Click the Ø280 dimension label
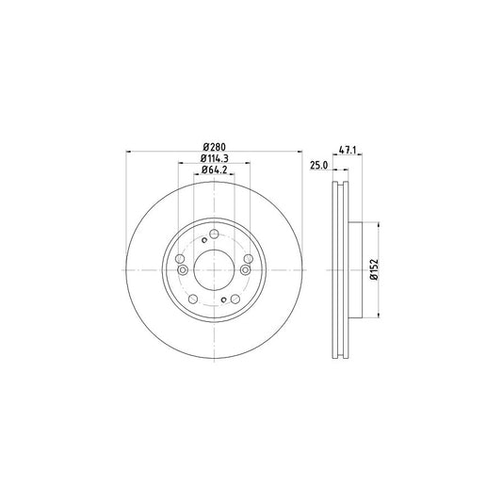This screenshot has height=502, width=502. (x=214, y=146)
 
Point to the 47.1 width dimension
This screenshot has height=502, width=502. (x=348, y=148)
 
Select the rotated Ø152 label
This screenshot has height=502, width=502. (x=373, y=271)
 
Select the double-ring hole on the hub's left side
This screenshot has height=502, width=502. (x=182, y=271)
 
